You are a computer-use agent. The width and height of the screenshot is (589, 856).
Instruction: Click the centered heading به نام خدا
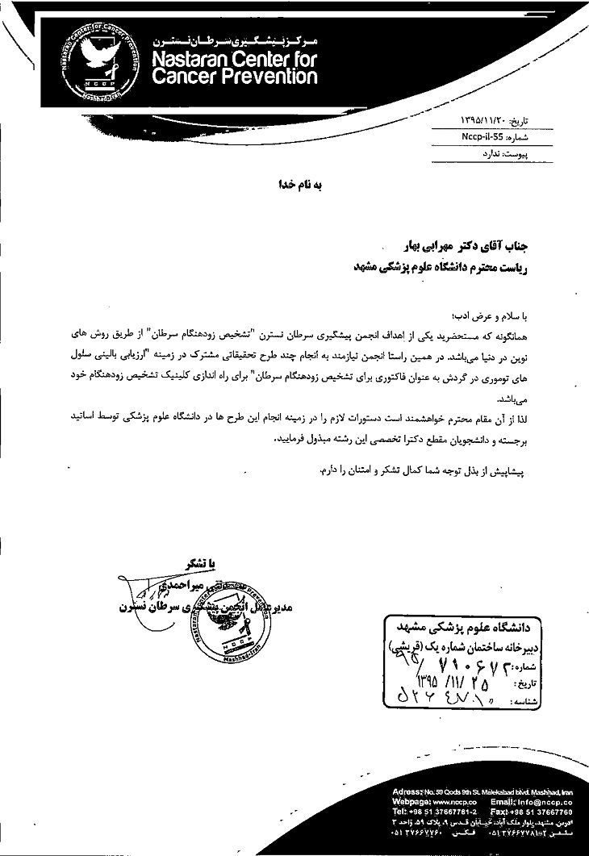(x=300, y=185)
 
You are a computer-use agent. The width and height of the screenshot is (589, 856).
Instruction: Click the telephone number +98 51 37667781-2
(x=449, y=812)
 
